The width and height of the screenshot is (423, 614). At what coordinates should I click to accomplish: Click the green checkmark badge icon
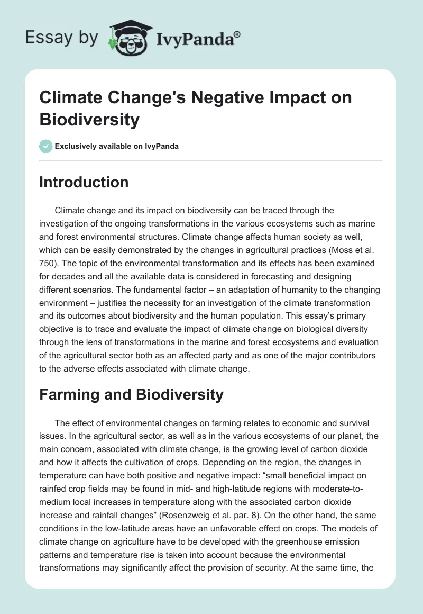click(46, 146)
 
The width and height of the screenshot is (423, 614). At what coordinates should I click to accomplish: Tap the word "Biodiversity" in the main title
click(89, 120)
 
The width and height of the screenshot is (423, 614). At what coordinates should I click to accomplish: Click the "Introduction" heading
click(84, 182)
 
